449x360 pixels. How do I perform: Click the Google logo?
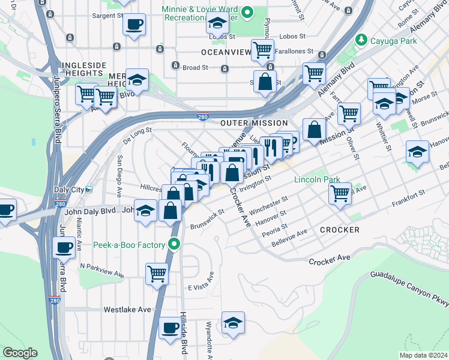pyautogui.click(x=20, y=353)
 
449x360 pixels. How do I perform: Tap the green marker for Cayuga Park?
pyautogui.click(x=361, y=40)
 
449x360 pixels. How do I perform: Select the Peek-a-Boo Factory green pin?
pyautogui.click(x=174, y=244)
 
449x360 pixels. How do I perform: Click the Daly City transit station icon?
pyautogui.click(x=89, y=189)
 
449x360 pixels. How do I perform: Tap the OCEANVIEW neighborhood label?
pyautogui.click(x=226, y=52)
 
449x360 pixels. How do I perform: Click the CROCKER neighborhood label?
pyautogui.click(x=340, y=230)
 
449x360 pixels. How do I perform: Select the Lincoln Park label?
pyautogui.click(x=317, y=179)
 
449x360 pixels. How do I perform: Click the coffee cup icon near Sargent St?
pyautogui.click(x=134, y=25)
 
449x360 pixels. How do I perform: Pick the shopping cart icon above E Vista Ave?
pyautogui.click(x=157, y=273)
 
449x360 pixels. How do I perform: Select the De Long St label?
pyautogui.click(x=137, y=133)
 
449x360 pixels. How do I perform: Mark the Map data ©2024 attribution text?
pyautogui.click(x=423, y=355)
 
